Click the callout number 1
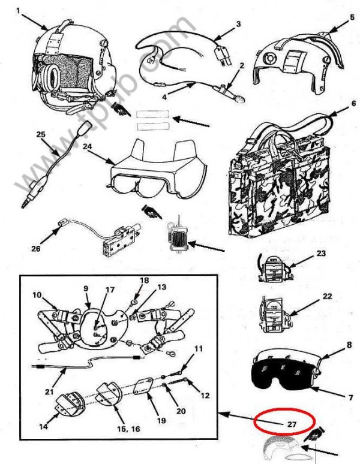tap(18, 10)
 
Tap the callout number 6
tap(337, 103)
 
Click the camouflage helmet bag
tap(278, 180)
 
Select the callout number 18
tap(143, 280)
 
